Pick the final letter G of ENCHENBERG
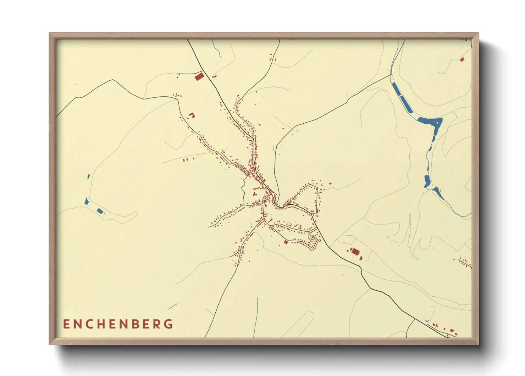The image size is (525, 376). click(170, 324)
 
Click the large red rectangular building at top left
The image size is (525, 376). click(199, 76)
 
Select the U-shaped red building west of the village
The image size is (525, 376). click(192, 115)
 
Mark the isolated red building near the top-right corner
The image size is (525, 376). click(462, 60)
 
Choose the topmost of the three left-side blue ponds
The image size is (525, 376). click(88, 176)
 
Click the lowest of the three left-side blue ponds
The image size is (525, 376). click(100, 211)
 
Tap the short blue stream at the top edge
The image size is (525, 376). click(217, 49)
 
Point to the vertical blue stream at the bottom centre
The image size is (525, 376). click(256, 316)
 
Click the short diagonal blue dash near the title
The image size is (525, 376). click(173, 306)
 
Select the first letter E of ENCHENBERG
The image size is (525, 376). click(66, 324)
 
